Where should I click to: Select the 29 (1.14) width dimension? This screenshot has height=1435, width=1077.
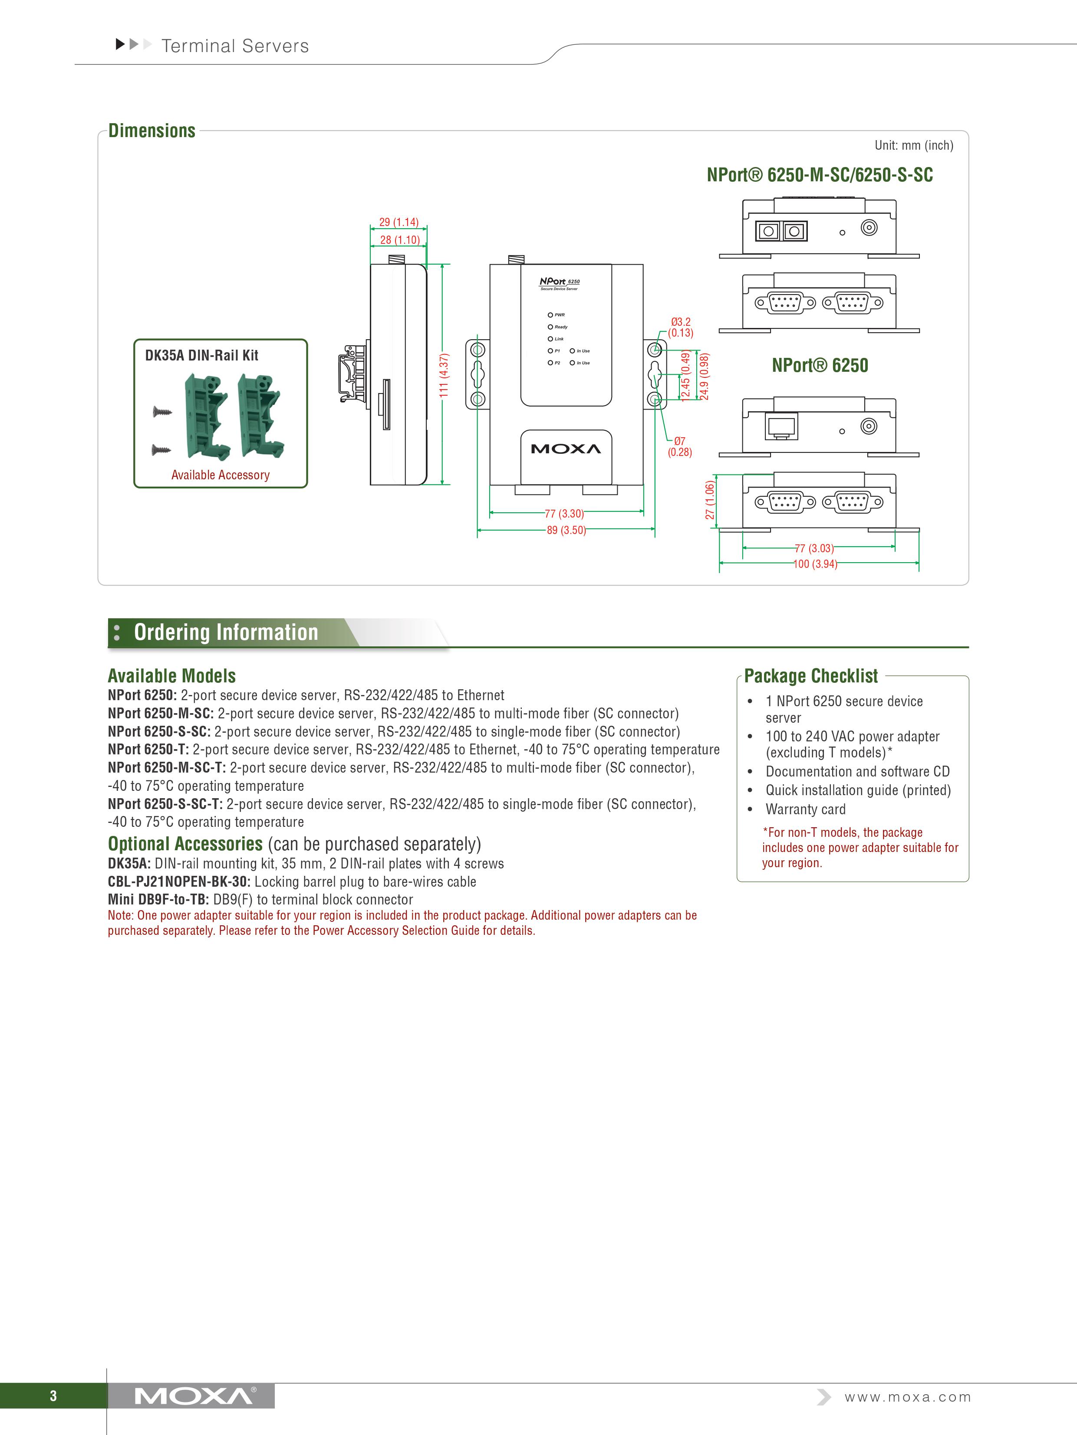click(x=399, y=222)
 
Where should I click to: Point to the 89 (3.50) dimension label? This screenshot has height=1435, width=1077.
click(x=566, y=530)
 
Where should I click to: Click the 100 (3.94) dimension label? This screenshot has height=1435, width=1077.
click(x=815, y=564)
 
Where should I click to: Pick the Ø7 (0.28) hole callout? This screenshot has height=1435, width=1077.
click(x=680, y=446)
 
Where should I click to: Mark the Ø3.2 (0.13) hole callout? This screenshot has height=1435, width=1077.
click(x=680, y=327)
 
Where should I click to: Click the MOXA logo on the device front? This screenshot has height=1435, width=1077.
click(x=566, y=449)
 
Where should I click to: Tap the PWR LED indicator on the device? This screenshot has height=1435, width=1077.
click(x=550, y=315)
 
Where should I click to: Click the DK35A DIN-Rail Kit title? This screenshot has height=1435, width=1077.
click(x=201, y=356)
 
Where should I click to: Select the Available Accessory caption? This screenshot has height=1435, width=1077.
click(x=220, y=475)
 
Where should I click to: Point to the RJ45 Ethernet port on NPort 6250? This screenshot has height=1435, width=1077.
click(x=781, y=426)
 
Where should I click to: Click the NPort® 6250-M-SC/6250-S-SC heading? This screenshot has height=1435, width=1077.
click(x=819, y=175)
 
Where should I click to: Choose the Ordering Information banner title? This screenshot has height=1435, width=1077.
click(x=226, y=632)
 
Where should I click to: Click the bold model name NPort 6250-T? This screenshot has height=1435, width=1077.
click(x=148, y=749)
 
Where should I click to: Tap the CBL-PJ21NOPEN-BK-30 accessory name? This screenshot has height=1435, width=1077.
click(x=178, y=881)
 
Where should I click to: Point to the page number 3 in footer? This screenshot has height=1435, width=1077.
click(x=53, y=1396)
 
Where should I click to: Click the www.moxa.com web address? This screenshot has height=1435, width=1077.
click(x=907, y=1397)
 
